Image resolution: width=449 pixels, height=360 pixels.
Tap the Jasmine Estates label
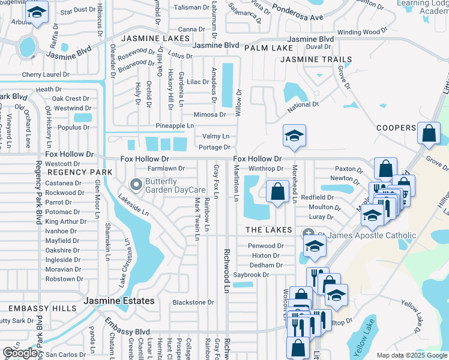[x=119, y=301]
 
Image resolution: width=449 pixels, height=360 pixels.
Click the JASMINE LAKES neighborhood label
[x=151, y=38]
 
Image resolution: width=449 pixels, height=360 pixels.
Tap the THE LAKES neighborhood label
[x=268, y=230]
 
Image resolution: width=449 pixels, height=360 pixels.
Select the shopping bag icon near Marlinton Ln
[x=277, y=193]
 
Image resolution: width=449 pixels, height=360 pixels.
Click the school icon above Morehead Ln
[x=294, y=136]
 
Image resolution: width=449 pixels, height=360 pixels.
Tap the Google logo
[x=20, y=353]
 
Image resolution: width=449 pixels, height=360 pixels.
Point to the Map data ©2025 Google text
[x=412, y=355]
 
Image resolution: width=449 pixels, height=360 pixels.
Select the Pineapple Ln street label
[x=175, y=126]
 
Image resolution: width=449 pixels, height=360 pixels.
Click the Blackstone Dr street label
[x=193, y=302]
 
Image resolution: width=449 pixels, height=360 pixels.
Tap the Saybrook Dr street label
[x=251, y=275]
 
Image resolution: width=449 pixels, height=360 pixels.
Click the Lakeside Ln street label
[x=133, y=204]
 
